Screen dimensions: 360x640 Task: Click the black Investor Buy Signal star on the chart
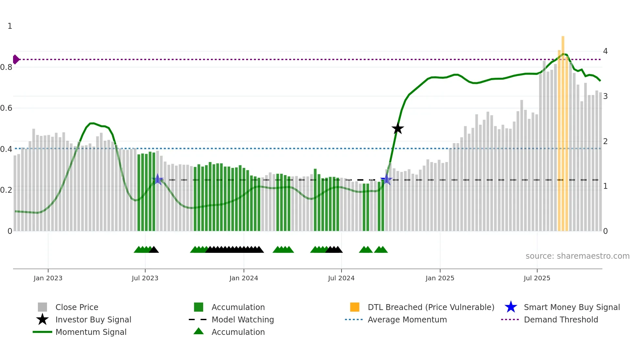pos(397,128)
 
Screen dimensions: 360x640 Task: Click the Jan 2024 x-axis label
pos(244,278)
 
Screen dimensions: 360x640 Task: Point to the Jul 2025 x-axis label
pos(537,278)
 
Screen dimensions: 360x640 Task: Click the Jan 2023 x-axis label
pos(48,278)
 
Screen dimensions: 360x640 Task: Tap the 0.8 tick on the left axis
pos(6,67)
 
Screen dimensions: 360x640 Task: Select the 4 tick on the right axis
pos(605,51)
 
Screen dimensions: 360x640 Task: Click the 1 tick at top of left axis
pos(10,26)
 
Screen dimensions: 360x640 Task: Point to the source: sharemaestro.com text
pos(577,256)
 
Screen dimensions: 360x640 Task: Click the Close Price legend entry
pos(77,307)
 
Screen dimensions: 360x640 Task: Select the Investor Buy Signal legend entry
pos(93,319)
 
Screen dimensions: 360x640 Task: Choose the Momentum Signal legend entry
pos(91,332)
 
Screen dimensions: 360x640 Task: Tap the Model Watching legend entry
pos(243,319)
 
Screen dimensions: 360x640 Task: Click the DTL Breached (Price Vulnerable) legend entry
pos(431,307)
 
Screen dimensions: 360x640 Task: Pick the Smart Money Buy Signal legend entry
pos(572,307)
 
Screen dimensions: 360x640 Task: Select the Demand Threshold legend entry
pos(561,319)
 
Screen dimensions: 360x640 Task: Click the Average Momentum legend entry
pos(407,319)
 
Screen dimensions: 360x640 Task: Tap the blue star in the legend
pos(511,307)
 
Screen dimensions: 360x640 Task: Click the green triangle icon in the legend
pos(199,332)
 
